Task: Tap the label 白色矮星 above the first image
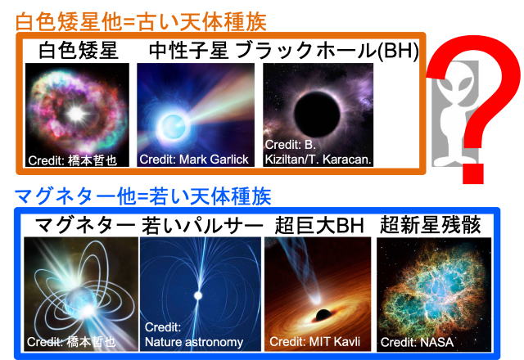(79, 51)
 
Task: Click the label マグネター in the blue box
(78, 225)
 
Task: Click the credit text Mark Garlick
(193, 159)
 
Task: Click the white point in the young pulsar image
(196, 294)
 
